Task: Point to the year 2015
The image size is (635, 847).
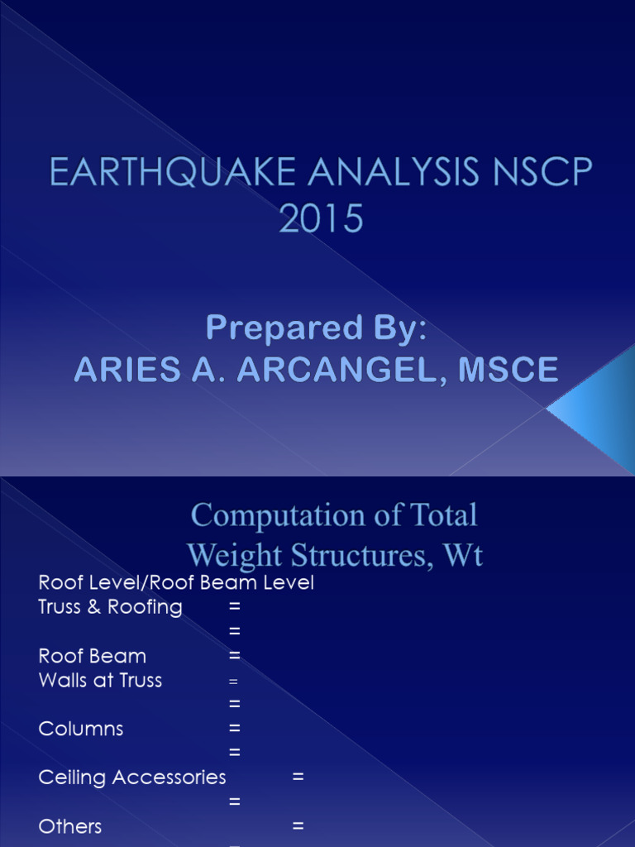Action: [x=321, y=219]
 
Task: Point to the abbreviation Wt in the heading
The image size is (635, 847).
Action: [x=465, y=554]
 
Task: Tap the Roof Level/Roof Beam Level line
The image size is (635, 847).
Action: [x=176, y=582]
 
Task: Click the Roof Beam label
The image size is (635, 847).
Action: [x=92, y=656]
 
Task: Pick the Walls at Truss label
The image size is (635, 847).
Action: [x=100, y=681]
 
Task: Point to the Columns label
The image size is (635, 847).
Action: [x=81, y=729]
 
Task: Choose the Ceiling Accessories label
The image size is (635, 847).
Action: [x=132, y=778]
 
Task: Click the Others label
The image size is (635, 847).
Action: [x=70, y=826]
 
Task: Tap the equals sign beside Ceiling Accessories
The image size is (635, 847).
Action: [x=298, y=778]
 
